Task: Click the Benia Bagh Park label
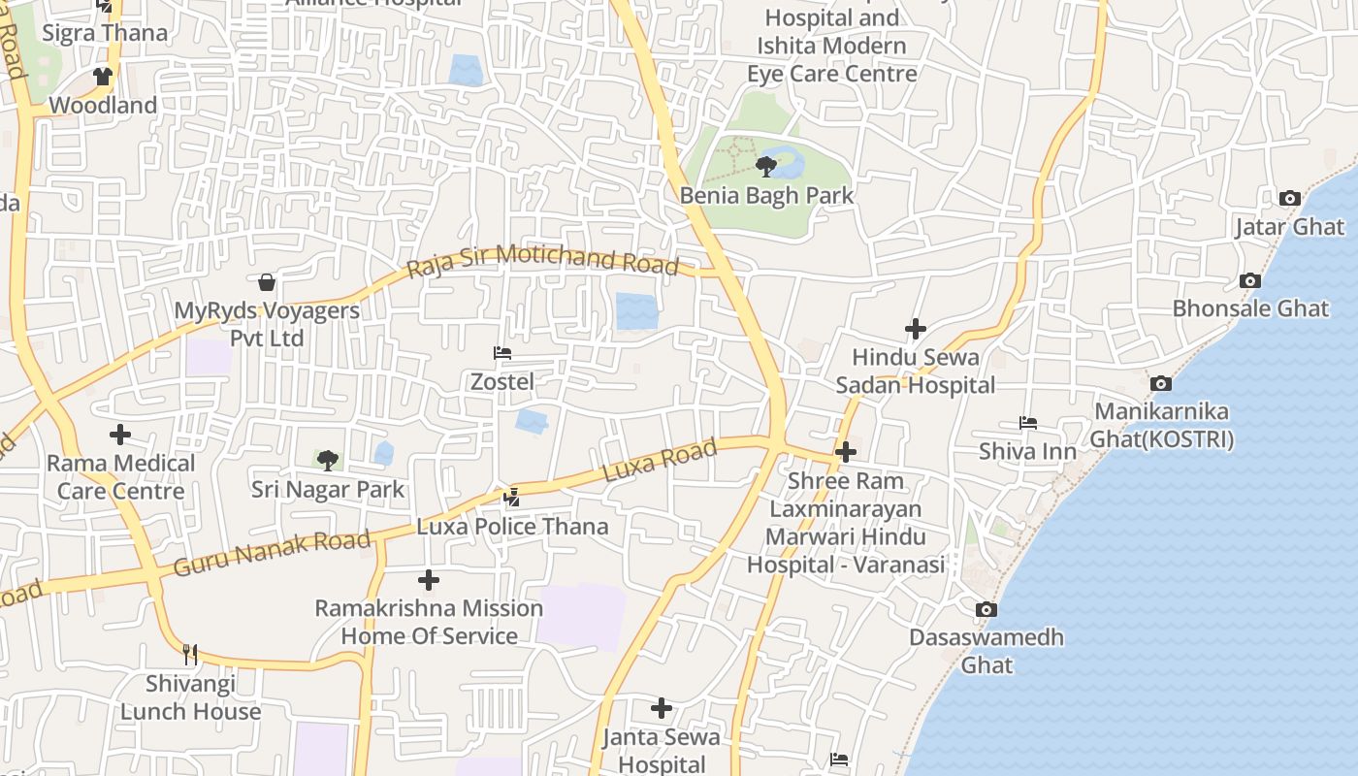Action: coord(766,195)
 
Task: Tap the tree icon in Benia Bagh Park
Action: coord(766,166)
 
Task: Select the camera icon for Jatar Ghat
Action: coord(1289,198)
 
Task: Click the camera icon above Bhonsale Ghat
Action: coord(1250,280)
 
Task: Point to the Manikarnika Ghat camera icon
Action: coord(1160,383)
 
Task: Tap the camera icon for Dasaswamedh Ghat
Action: coord(986,609)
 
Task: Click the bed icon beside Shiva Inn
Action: coord(1028,422)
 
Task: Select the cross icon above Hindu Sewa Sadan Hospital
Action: coord(915,329)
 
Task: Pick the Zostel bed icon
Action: coord(502,353)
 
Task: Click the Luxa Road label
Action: coord(660,460)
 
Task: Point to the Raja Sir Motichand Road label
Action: coord(542,260)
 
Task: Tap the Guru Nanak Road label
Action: coord(272,552)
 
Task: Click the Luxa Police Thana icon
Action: coord(512,498)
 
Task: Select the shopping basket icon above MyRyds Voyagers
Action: coord(267,282)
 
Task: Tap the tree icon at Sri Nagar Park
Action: coord(328,459)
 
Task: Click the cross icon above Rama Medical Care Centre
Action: coord(120,435)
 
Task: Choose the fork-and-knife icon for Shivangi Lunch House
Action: coord(190,654)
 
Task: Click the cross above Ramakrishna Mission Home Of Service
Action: coord(428,580)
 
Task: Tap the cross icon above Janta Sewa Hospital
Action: coord(661,708)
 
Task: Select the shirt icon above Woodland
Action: coord(103,76)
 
